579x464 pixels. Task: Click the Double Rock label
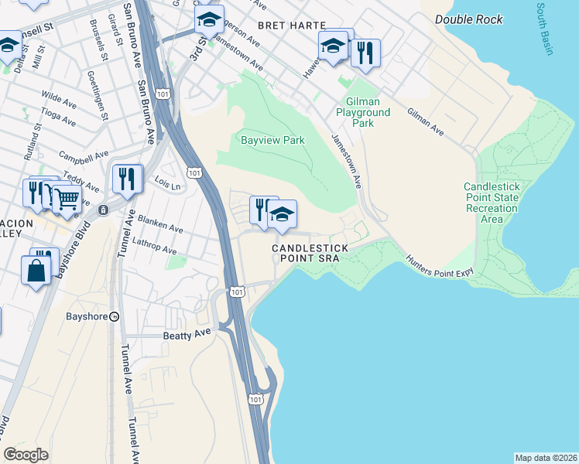click(468, 19)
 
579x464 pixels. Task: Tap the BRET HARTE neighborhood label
click(292, 26)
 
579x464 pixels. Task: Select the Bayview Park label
click(272, 140)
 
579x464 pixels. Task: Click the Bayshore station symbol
click(114, 316)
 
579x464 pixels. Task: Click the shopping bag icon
click(36, 270)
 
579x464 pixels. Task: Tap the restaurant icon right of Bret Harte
click(365, 52)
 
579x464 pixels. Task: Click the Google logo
click(26, 454)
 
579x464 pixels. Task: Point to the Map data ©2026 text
click(546, 457)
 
